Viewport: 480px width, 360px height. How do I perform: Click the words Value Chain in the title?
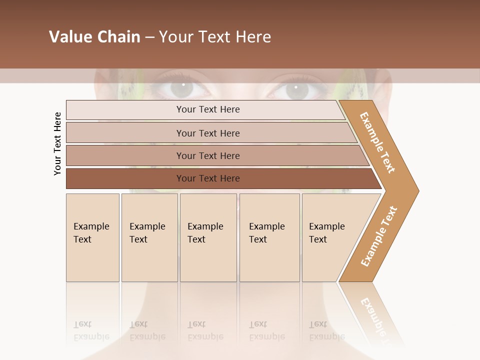click(x=94, y=37)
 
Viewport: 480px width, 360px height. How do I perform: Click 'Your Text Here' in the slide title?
click(x=215, y=37)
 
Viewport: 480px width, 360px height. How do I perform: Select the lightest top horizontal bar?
click(x=207, y=109)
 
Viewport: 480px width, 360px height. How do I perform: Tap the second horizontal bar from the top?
click(x=207, y=133)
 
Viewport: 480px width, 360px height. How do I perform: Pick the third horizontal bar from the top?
click(x=207, y=155)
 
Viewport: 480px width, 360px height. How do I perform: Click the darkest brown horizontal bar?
click(x=207, y=178)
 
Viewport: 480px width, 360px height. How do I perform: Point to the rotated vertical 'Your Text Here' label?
click(x=57, y=143)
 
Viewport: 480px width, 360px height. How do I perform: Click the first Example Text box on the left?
click(x=92, y=237)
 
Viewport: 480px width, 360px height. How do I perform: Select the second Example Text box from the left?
click(x=149, y=237)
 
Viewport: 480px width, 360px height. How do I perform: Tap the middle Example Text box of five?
click(x=208, y=237)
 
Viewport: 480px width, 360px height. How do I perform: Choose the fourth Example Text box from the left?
click(x=269, y=237)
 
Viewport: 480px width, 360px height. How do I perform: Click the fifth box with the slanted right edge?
click(x=330, y=237)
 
